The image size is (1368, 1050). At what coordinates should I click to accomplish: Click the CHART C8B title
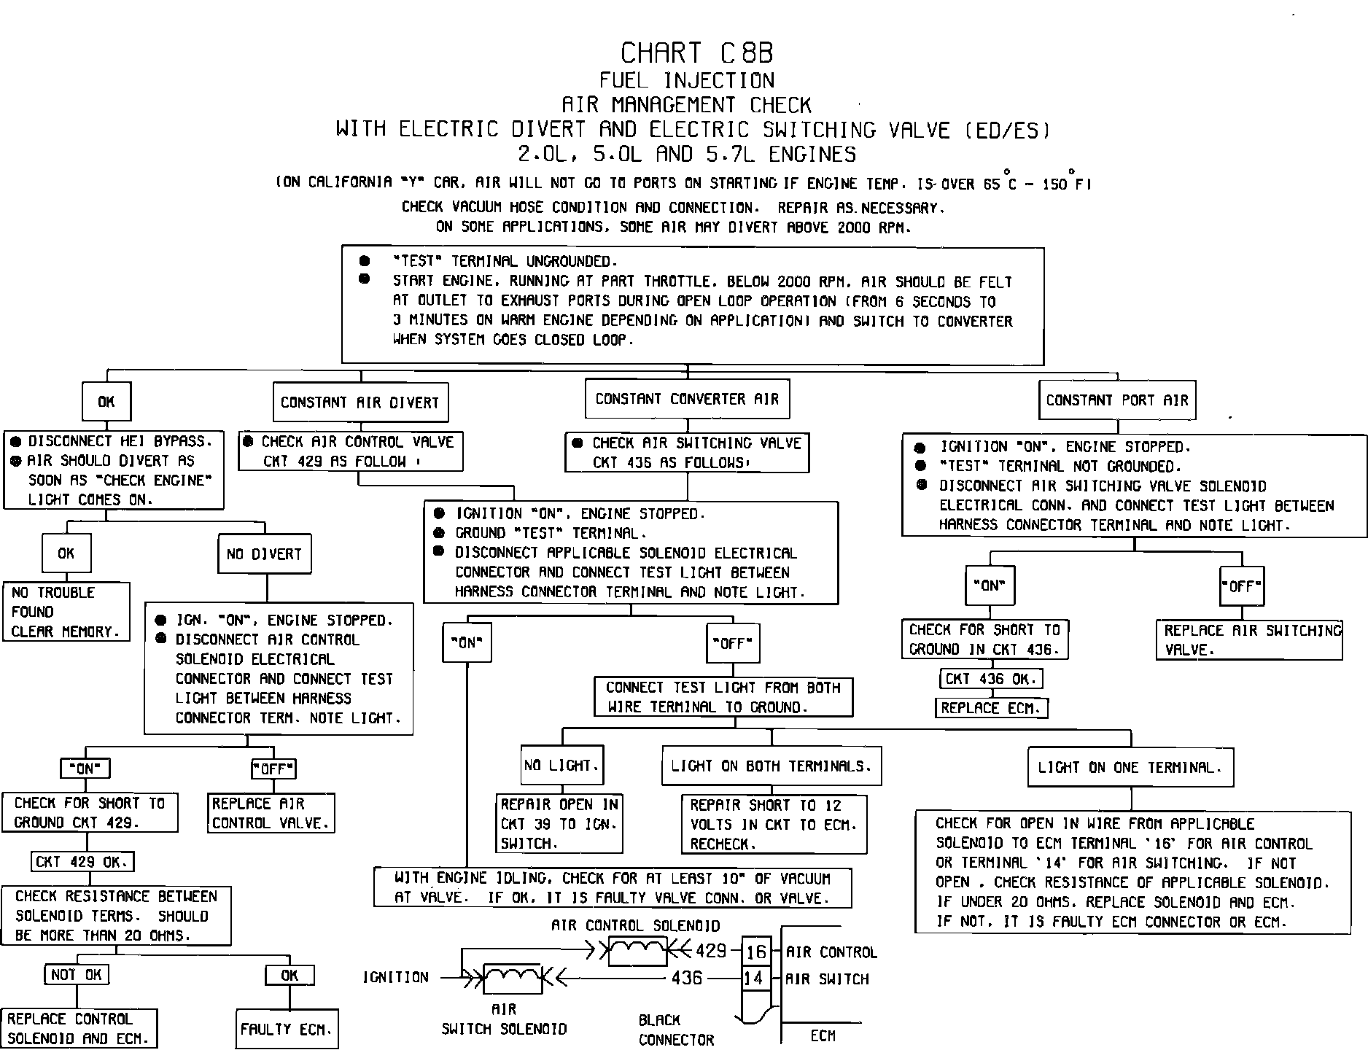point(696,53)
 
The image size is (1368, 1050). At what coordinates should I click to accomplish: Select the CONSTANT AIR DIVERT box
point(360,402)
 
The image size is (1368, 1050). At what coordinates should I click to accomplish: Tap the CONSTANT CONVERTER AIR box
point(687,399)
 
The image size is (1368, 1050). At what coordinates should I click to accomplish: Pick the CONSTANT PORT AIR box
point(1117,400)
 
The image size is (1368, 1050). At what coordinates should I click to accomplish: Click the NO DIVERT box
point(264,554)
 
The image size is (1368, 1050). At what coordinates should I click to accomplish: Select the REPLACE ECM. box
point(991,708)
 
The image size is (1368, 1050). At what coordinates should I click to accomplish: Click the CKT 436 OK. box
point(990,679)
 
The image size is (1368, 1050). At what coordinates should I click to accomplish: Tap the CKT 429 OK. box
point(82,862)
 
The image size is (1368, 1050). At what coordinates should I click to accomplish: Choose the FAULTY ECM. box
point(287,1030)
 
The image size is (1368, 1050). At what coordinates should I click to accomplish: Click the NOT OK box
point(77,975)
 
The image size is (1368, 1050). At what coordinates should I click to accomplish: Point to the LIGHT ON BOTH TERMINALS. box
point(771,766)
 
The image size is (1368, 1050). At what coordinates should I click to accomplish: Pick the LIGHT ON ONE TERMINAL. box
point(1130,767)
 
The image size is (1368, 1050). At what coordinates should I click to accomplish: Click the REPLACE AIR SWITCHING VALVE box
point(1248,640)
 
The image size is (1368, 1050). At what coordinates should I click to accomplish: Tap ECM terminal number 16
point(756,952)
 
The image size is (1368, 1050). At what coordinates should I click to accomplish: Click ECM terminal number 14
point(753,978)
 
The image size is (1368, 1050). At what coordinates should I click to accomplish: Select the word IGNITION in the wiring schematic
point(396,977)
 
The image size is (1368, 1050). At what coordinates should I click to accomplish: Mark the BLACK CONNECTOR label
point(676,1030)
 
